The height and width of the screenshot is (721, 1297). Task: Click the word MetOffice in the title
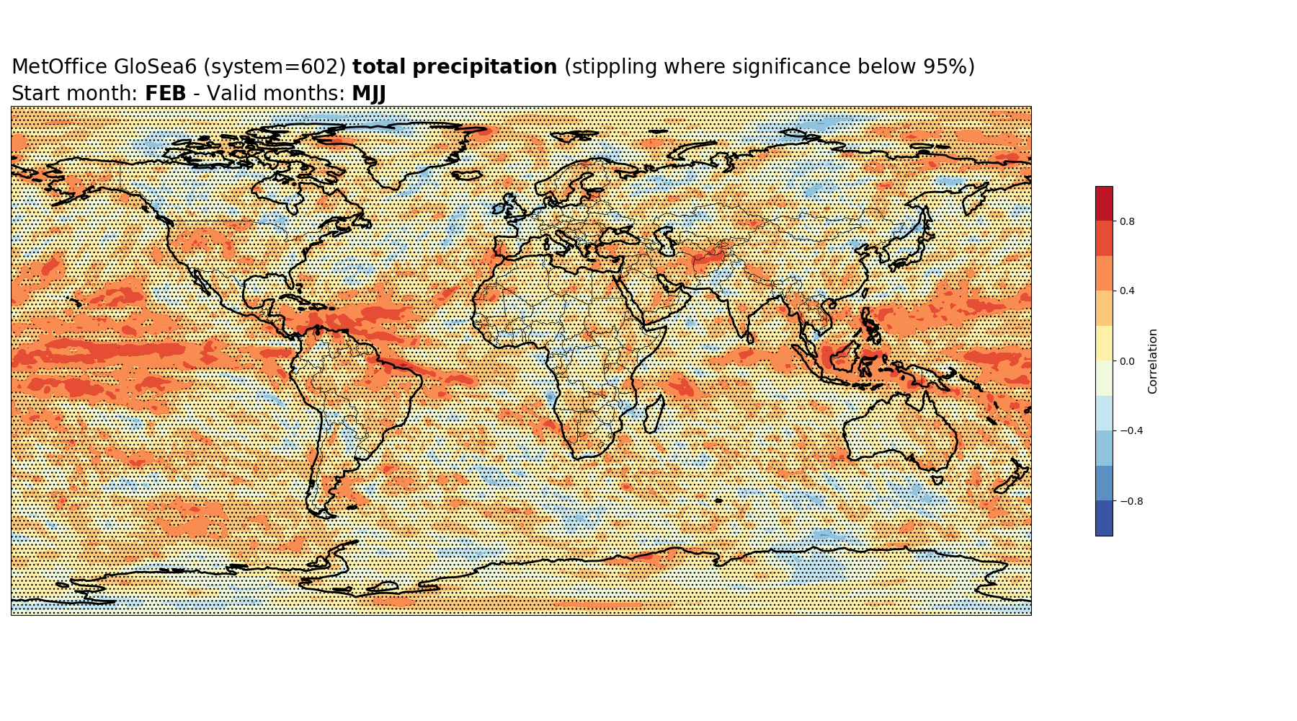(x=60, y=67)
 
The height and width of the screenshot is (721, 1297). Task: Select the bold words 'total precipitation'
(x=455, y=67)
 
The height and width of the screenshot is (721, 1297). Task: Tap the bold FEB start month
(x=166, y=94)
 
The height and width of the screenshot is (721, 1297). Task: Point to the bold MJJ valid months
(x=369, y=94)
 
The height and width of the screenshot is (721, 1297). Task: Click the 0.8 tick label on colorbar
(x=1127, y=221)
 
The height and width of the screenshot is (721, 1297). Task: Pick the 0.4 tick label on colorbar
(x=1127, y=291)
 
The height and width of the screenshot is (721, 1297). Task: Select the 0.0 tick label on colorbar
(x=1127, y=361)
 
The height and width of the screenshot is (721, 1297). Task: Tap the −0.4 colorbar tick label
(x=1131, y=431)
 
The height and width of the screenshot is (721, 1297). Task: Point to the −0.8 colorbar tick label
(x=1131, y=501)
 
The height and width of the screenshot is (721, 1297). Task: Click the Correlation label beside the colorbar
(x=1153, y=361)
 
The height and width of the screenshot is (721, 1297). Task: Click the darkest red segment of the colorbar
(x=1104, y=203)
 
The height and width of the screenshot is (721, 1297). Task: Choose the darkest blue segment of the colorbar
(x=1104, y=518)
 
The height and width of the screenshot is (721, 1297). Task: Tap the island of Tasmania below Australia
(x=937, y=479)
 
